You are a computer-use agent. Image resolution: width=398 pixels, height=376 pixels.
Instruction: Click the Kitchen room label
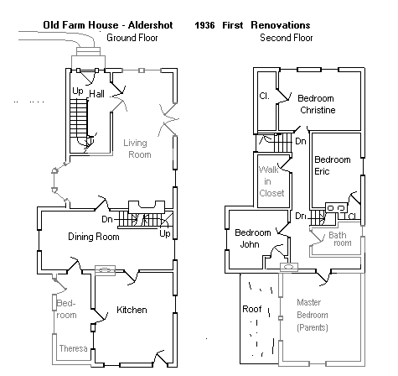point(132,310)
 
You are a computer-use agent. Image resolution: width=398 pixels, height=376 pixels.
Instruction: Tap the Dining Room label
point(94,237)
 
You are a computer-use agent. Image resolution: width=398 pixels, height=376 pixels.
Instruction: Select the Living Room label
point(137,149)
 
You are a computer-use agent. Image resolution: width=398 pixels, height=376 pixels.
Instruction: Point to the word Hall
point(97,94)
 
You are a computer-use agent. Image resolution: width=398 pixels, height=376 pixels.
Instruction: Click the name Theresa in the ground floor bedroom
point(73,348)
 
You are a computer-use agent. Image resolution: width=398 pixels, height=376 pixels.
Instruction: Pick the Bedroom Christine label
point(317,104)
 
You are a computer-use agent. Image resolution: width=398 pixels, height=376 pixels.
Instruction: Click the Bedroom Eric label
point(333,165)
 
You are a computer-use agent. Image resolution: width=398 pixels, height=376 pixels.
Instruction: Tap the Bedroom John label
point(253,238)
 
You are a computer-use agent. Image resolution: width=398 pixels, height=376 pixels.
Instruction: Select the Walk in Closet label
point(271,181)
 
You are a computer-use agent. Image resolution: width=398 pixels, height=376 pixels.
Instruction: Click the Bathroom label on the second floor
point(340,239)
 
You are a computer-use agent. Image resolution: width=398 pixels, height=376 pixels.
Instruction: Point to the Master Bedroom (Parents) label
point(313,315)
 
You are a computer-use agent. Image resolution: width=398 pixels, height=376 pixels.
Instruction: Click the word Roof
point(252,309)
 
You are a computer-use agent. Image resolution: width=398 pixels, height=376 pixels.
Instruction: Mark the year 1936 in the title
point(204,25)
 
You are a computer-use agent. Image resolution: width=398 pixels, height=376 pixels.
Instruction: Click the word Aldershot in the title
point(151,25)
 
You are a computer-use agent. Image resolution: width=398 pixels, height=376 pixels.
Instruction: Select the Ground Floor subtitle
point(132,38)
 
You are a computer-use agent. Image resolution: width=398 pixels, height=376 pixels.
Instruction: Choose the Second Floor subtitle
point(287,38)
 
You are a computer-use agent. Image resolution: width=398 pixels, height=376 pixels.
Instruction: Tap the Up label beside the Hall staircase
point(78,91)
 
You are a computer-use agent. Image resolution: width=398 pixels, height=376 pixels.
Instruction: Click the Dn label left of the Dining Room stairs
point(107,219)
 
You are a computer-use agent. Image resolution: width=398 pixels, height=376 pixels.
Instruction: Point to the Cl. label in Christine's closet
point(265,96)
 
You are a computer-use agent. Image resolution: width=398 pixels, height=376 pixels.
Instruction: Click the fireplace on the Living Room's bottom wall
point(147,207)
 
